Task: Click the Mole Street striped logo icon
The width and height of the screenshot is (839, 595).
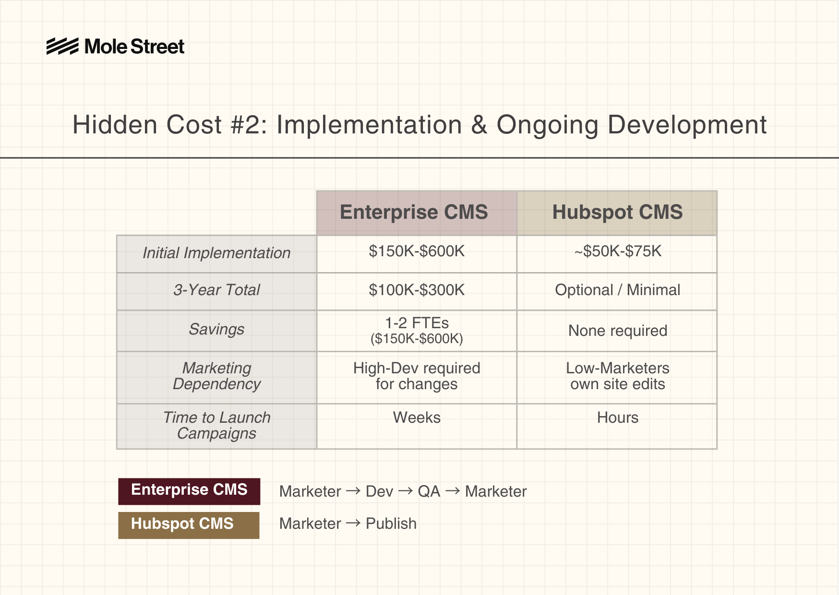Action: click(62, 47)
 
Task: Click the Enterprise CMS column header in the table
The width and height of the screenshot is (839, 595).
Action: click(417, 213)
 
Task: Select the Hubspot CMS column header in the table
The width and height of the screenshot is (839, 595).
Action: click(617, 213)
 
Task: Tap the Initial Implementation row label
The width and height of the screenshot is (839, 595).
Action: click(216, 253)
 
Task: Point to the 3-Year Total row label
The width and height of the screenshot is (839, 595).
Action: click(216, 290)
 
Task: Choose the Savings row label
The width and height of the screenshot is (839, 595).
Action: click(216, 329)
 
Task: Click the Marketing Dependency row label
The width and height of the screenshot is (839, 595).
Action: click(216, 376)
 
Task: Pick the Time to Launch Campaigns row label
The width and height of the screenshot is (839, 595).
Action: click(216, 425)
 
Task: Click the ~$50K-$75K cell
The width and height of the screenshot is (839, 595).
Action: click(618, 251)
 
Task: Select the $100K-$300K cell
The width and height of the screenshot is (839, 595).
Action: click(417, 290)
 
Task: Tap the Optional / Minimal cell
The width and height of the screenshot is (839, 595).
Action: click(618, 290)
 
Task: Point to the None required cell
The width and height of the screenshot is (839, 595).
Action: click(618, 331)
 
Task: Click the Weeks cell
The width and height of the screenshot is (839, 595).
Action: click(417, 417)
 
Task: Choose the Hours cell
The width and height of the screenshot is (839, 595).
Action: click(618, 417)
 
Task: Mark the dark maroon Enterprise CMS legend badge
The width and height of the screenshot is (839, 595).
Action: click(189, 491)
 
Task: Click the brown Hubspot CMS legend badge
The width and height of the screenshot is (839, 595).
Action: click(189, 525)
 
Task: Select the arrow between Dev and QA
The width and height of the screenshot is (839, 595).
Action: click(406, 491)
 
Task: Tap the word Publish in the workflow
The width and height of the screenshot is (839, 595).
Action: click(391, 524)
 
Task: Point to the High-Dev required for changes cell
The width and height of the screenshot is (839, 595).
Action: click(417, 376)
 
